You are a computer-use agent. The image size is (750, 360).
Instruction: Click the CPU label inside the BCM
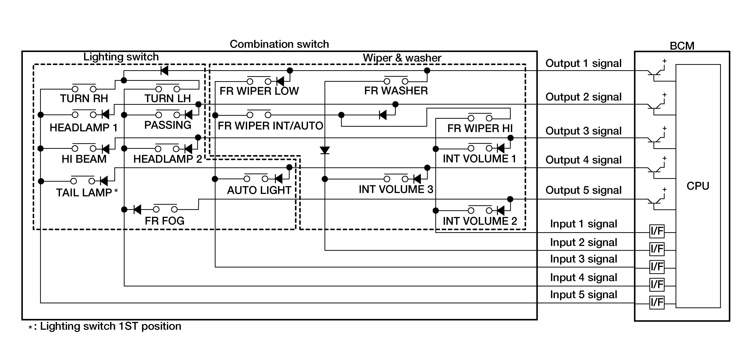click(x=698, y=186)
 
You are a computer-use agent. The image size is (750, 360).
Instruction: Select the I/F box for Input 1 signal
click(x=657, y=231)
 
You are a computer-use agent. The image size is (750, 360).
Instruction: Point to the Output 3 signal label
click(x=583, y=131)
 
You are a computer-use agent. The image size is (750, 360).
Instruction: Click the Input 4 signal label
click(x=583, y=277)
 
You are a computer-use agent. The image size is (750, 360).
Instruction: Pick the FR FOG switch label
click(x=164, y=221)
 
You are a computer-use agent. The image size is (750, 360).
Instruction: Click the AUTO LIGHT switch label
click(x=259, y=190)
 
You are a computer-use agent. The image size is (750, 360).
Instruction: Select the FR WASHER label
click(x=396, y=91)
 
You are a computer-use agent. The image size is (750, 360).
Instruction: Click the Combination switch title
click(x=279, y=44)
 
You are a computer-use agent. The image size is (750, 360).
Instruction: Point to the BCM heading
click(x=682, y=46)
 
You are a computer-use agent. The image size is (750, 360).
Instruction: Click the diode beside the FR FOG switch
click(x=137, y=209)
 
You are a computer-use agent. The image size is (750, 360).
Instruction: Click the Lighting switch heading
click(x=121, y=57)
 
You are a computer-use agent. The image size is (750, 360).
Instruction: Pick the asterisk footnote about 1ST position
click(x=105, y=326)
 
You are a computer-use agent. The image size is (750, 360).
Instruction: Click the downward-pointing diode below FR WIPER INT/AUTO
click(x=325, y=150)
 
